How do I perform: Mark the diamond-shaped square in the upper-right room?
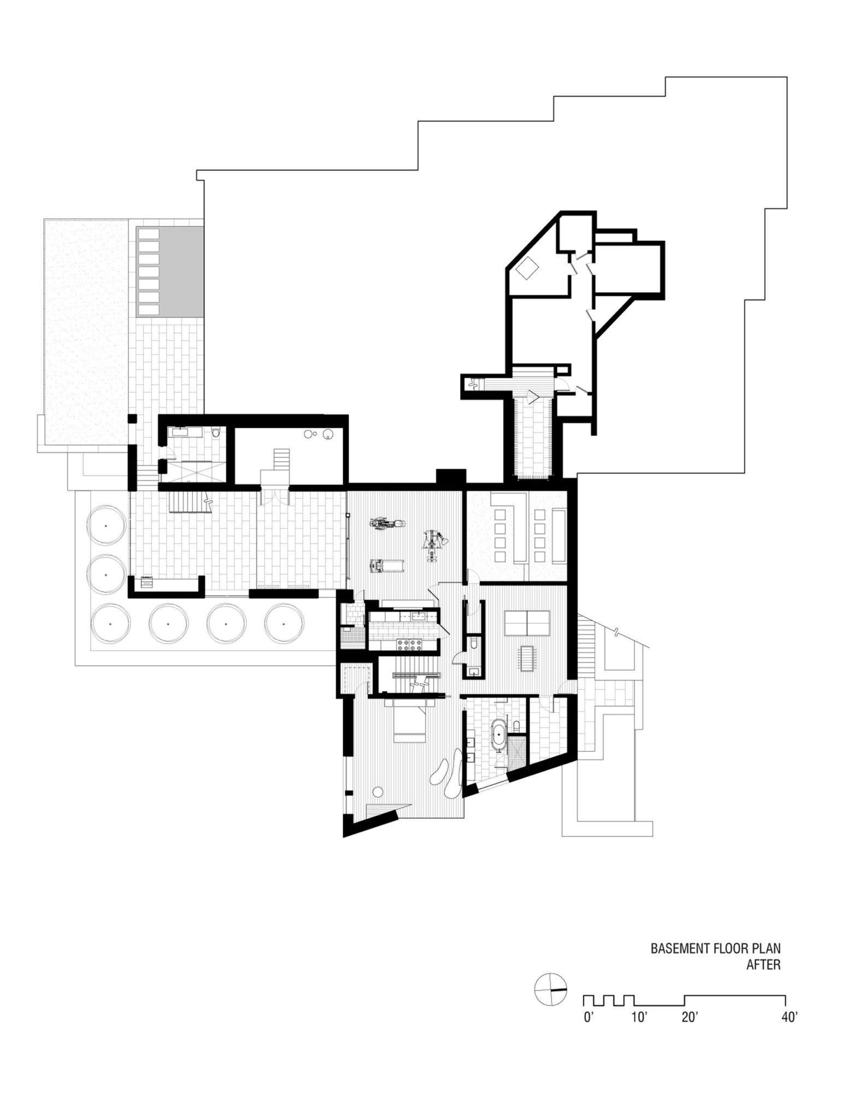pyautogui.click(x=528, y=268)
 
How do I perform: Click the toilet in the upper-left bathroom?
pyautogui.click(x=217, y=433)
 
